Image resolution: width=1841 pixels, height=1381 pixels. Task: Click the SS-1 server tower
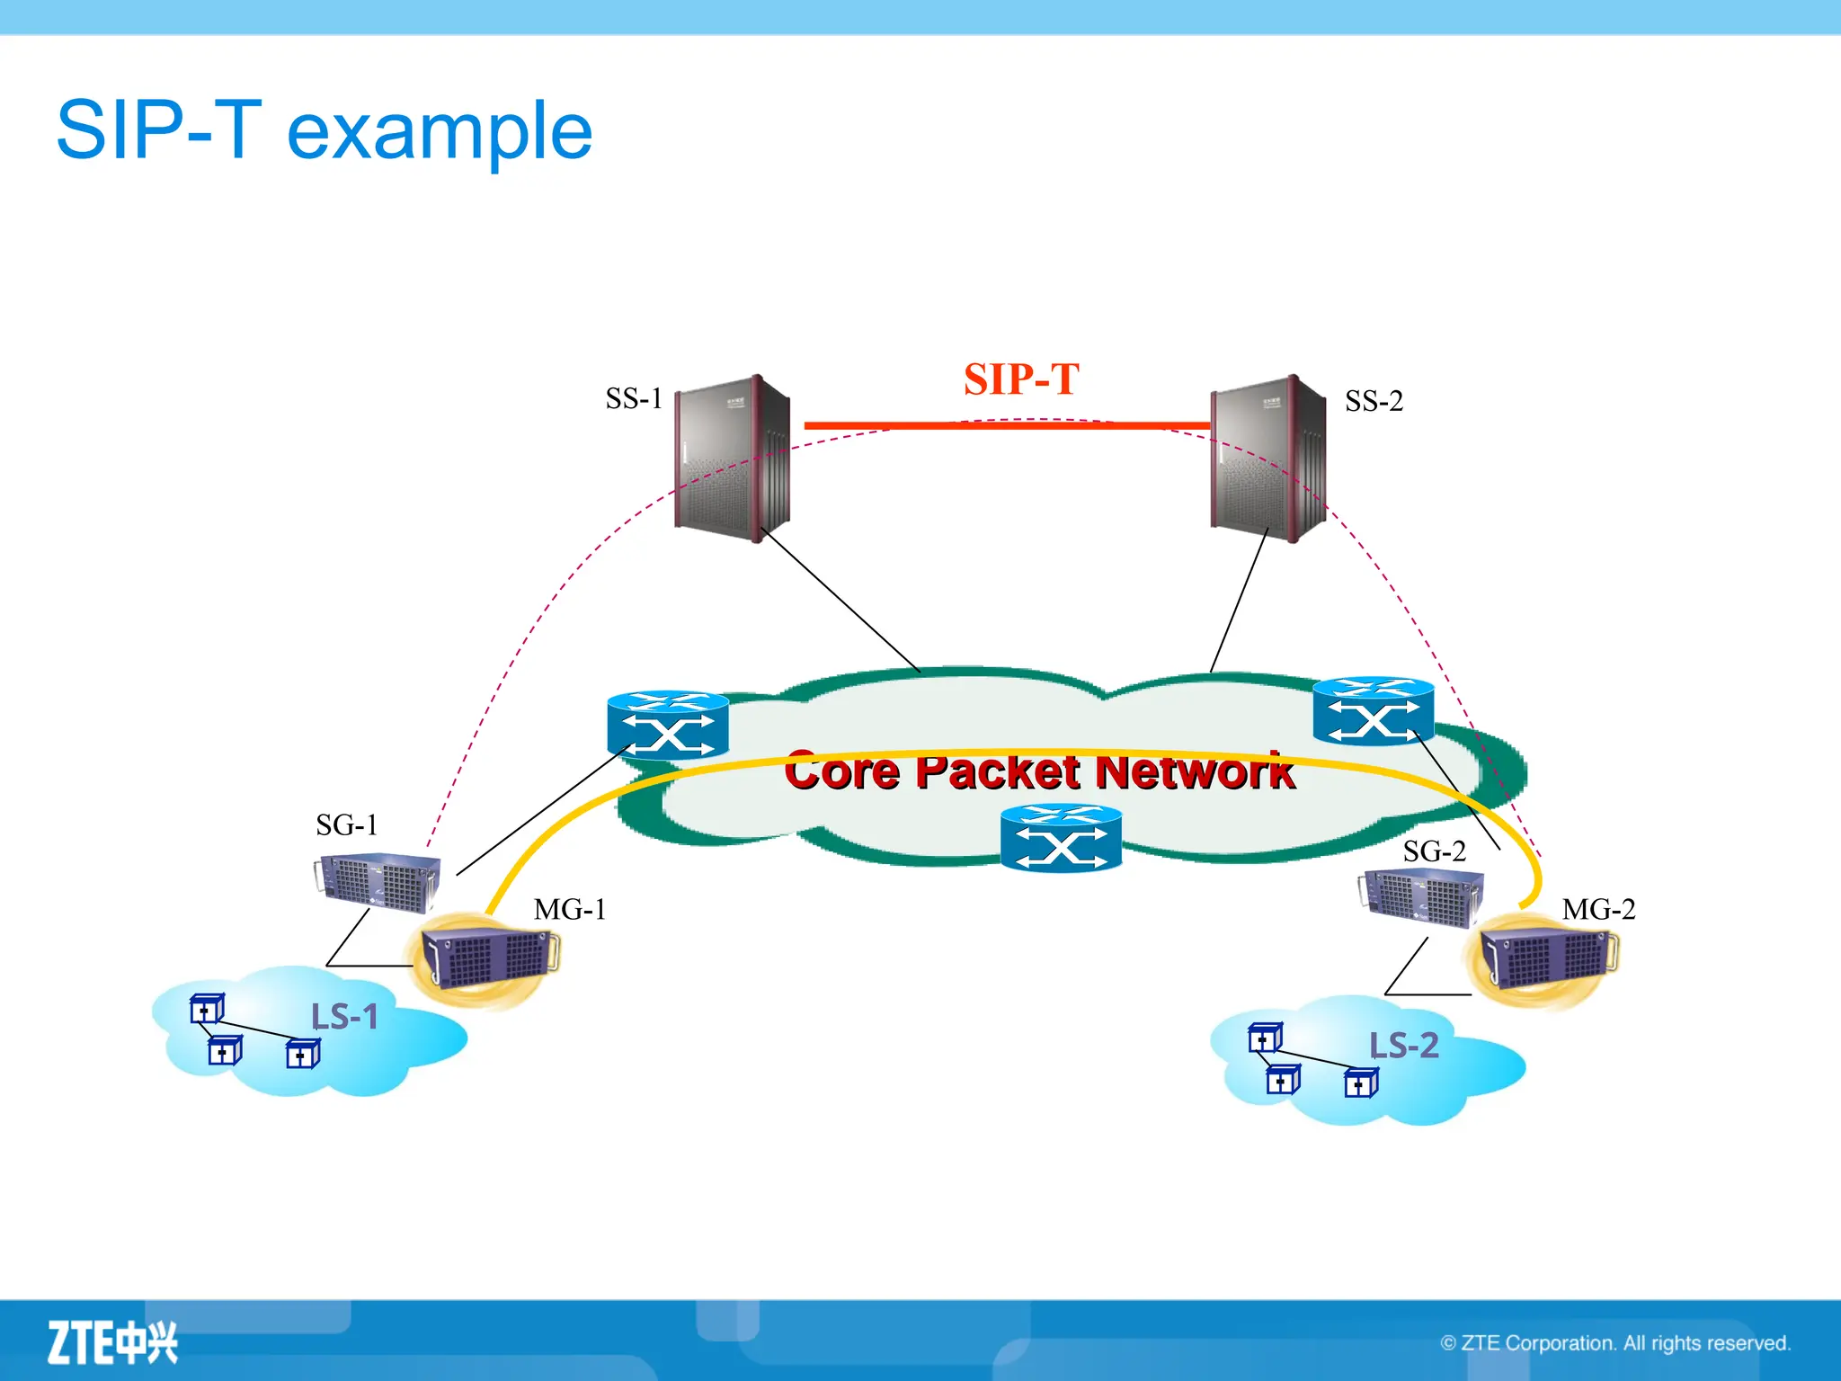(x=732, y=459)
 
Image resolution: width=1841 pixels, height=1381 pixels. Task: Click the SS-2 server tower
(x=1267, y=459)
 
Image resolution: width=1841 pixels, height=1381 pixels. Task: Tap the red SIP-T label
(x=1021, y=379)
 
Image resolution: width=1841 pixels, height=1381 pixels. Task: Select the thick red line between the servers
(x=1007, y=425)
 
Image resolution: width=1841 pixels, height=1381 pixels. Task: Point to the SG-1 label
(x=347, y=825)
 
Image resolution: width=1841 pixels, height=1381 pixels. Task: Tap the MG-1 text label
(x=570, y=910)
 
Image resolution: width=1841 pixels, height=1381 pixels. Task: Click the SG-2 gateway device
(x=1420, y=897)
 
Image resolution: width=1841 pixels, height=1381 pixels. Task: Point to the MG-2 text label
(x=1598, y=910)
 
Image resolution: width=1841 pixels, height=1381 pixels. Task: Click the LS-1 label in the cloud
(x=344, y=1018)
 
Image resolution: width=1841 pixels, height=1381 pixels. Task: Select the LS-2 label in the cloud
(x=1403, y=1046)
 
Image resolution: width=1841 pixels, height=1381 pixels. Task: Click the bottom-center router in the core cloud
(x=1061, y=838)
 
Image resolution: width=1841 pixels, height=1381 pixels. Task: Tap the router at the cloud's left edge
(x=668, y=725)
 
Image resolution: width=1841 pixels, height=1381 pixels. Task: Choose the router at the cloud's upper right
(x=1373, y=711)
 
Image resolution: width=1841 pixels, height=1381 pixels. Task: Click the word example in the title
(x=440, y=131)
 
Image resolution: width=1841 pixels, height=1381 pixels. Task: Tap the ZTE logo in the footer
(x=112, y=1343)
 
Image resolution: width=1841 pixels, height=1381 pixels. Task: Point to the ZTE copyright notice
(x=1615, y=1343)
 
